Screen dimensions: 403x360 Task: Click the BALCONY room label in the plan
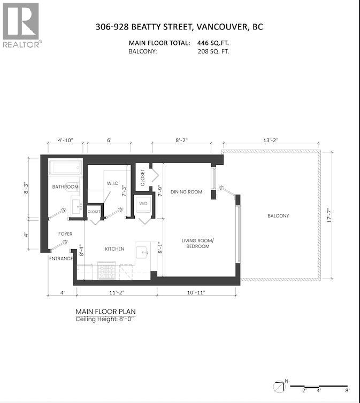point(278,216)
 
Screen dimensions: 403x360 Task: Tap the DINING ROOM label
point(186,192)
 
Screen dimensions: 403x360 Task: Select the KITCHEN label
point(114,249)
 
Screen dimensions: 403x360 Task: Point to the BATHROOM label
point(65,187)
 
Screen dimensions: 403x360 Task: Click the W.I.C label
point(112,184)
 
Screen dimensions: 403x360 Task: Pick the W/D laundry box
point(143,204)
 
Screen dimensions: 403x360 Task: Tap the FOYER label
point(65,234)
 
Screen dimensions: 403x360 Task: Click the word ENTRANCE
point(60,259)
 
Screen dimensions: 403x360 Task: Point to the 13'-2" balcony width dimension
point(271,140)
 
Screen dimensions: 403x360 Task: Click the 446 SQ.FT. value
point(209,43)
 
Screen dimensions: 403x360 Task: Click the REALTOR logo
point(21,25)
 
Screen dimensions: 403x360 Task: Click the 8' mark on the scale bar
point(348,391)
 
